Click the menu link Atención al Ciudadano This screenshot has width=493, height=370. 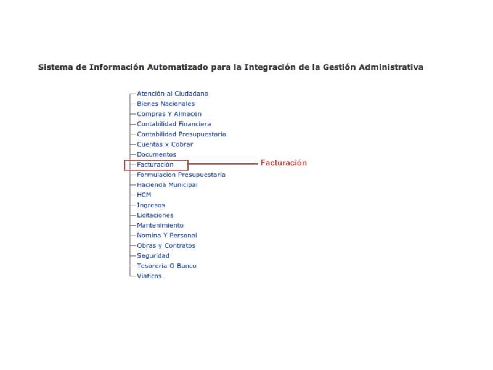[173, 94]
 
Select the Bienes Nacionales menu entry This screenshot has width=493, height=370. [165, 104]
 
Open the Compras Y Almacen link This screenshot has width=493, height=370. [169, 114]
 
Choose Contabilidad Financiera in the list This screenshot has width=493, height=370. [174, 124]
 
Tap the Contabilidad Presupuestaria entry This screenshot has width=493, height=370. [181, 134]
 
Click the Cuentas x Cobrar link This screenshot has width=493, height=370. [165, 144]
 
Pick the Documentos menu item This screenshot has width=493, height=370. [156, 154]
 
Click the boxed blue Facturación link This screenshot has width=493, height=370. [155, 165]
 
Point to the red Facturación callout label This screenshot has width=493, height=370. [283, 163]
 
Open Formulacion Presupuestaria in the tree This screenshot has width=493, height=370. [181, 175]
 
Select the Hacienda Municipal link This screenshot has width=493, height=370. [167, 184]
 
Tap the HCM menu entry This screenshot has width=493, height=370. [144, 195]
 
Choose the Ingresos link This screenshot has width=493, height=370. [150, 205]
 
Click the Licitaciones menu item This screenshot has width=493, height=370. [155, 215]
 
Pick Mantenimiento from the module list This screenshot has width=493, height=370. [160, 225]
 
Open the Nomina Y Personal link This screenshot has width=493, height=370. [166, 235]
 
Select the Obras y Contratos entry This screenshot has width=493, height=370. [166, 245]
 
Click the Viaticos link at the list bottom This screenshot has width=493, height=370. [149, 276]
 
